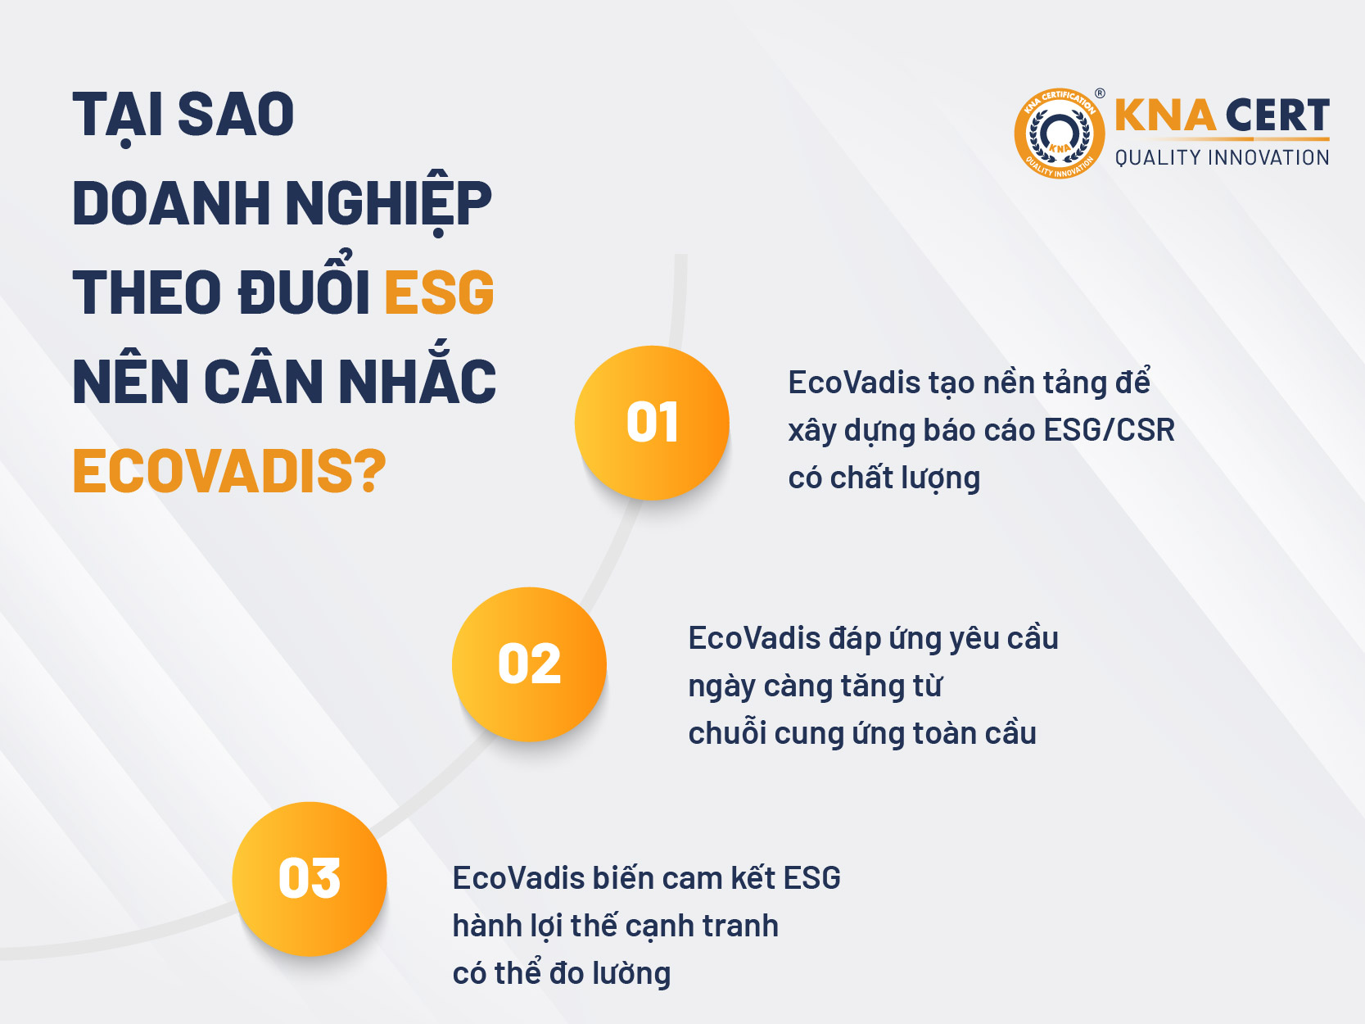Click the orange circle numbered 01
tap(652, 423)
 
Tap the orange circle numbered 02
tap(529, 664)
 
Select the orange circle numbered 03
tap(310, 879)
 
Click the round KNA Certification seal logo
tap(1059, 134)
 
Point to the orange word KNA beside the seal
tap(1165, 115)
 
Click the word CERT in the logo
tap(1277, 115)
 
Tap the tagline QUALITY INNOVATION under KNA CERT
tap(1222, 158)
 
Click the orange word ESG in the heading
tap(439, 292)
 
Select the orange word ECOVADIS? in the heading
tap(229, 471)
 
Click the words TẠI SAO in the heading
tap(183, 116)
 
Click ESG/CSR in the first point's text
tap(1109, 430)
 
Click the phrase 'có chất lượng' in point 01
tap(884, 478)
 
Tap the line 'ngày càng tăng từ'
tap(815, 686)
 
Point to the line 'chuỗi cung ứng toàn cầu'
tap(862, 732)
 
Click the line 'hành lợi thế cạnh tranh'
tap(616, 926)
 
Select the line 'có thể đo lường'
tap(562, 972)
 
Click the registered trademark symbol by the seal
tap(1100, 93)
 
